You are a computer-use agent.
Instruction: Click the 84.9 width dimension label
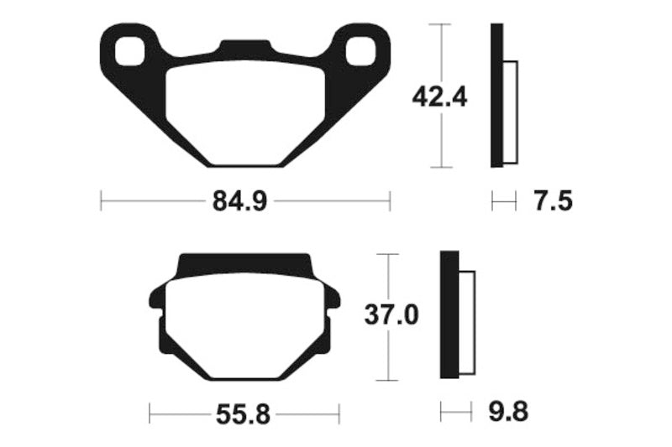click(244, 201)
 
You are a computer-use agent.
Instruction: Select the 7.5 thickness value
click(552, 201)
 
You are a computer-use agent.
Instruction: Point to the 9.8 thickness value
click(509, 413)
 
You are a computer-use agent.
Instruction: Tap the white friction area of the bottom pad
click(244, 327)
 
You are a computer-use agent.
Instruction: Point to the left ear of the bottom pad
click(157, 298)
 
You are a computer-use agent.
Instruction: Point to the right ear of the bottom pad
click(332, 298)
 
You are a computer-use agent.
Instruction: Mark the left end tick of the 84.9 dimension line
click(101, 201)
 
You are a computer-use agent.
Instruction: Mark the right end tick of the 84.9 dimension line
click(390, 201)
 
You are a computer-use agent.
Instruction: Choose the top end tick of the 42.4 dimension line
click(441, 25)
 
